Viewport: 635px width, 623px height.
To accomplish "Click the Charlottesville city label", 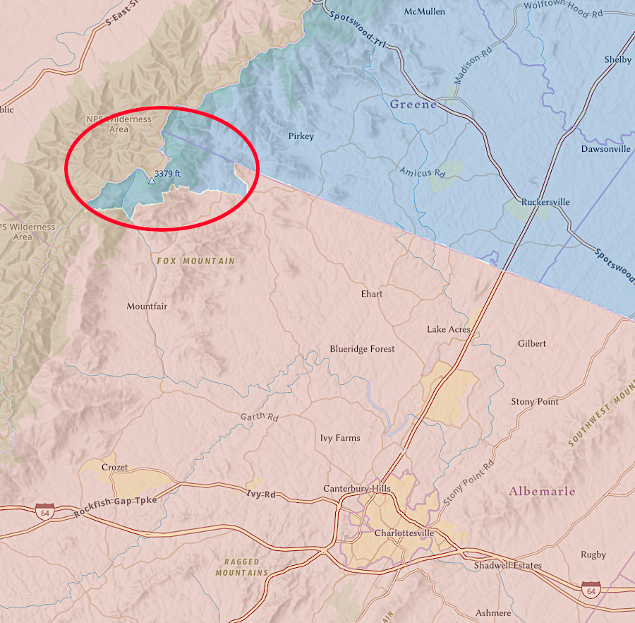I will click(x=404, y=533).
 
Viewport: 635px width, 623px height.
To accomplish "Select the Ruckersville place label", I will click(x=545, y=202).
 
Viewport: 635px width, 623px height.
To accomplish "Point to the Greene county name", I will click(x=413, y=105).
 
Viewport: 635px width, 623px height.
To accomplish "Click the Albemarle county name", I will click(x=542, y=491).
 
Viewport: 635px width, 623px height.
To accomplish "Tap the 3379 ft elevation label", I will click(x=167, y=172).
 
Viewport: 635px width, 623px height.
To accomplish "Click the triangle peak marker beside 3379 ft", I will click(x=150, y=182).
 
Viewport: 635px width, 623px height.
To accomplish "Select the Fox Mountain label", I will click(x=195, y=261).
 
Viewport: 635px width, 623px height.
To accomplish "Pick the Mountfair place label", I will click(x=147, y=307).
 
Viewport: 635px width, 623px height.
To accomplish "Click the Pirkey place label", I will click(x=301, y=136).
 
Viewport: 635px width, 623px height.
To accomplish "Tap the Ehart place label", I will click(x=371, y=293).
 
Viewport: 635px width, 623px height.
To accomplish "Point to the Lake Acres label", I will click(x=448, y=329).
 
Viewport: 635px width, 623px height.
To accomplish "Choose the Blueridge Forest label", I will click(x=362, y=349).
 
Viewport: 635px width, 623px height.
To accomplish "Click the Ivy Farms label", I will click(x=340, y=438).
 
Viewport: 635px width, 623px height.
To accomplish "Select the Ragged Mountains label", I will click(x=242, y=567).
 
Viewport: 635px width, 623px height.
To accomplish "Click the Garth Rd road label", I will click(x=260, y=417).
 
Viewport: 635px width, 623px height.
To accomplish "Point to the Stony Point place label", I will click(x=534, y=401).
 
